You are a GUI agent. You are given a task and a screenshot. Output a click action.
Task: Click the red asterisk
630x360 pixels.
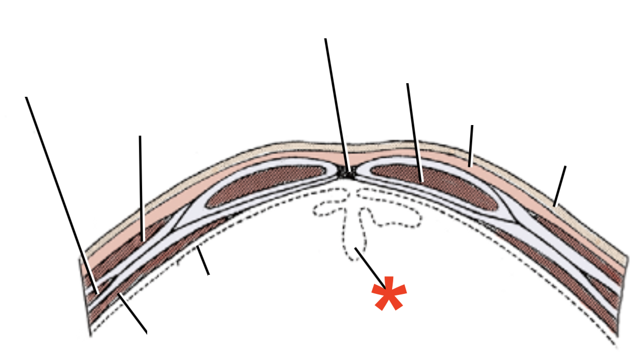(x=389, y=294)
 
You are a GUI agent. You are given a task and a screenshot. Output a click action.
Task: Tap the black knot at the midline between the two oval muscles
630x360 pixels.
(x=348, y=173)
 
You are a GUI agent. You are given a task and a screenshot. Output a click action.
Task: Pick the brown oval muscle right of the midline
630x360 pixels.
(x=433, y=184)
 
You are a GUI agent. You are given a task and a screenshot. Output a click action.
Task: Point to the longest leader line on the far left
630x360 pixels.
(x=60, y=194)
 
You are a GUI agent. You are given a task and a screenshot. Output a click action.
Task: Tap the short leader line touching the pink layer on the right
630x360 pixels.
(x=471, y=146)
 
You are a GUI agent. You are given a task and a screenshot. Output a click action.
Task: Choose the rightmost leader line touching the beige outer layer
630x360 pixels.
(x=559, y=186)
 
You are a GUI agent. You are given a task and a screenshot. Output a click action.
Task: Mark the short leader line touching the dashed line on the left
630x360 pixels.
(x=203, y=261)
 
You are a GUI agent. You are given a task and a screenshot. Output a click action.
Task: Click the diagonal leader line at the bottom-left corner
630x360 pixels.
(x=133, y=313)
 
